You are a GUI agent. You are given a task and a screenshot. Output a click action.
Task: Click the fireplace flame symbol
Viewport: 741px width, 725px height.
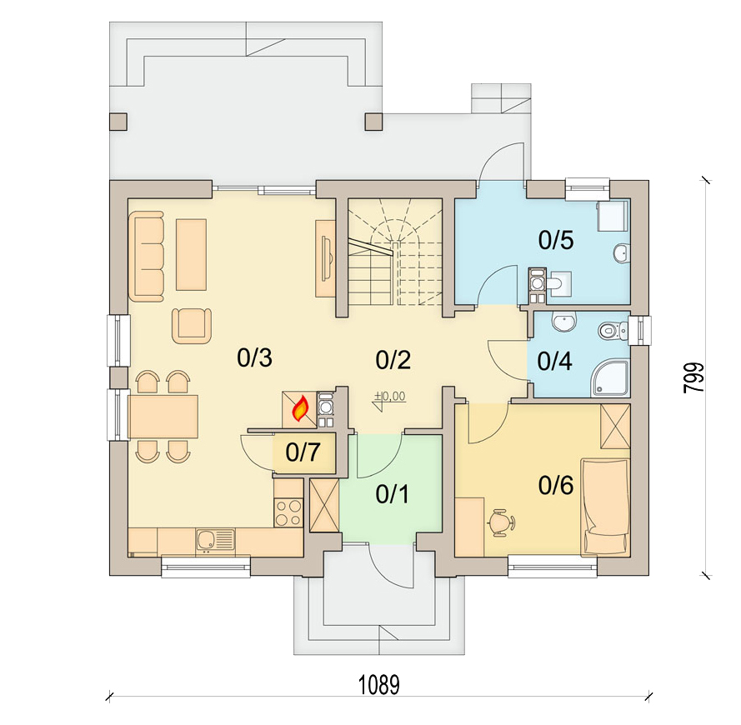tap(301, 409)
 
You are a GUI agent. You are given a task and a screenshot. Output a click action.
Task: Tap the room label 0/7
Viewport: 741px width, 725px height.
tap(303, 452)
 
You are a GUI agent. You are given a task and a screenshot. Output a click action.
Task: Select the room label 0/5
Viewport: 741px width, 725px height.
tap(556, 240)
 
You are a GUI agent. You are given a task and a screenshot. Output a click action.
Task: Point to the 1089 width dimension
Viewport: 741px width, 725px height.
tap(379, 685)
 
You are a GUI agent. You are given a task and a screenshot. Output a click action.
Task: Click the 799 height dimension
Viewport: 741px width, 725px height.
tap(693, 377)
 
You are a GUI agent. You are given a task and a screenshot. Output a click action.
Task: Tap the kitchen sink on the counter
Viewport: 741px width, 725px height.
tap(215, 541)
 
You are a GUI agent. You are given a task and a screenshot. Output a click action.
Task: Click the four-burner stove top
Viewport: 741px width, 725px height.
tap(288, 512)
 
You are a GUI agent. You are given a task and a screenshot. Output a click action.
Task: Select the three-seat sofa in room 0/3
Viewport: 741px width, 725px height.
tap(147, 256)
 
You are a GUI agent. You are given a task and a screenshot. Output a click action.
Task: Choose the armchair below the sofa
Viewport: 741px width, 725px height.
tap(192, 326)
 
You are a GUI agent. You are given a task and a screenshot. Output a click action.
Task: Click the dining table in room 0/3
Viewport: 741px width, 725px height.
tap(163, 417)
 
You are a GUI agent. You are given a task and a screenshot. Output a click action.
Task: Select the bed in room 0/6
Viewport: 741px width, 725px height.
tap(606, 506)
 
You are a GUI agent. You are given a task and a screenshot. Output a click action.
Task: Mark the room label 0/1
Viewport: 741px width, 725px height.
tap(393, 494)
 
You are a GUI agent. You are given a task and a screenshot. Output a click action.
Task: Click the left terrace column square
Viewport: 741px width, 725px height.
tap(118, 122)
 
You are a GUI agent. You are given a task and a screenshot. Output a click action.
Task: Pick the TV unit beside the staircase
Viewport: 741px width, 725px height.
tap(325, 258)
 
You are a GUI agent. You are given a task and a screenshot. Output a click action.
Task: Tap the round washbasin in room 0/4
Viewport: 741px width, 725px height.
tap(563, 322)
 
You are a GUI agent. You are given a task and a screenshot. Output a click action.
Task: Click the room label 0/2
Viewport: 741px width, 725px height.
tap(393, 360)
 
